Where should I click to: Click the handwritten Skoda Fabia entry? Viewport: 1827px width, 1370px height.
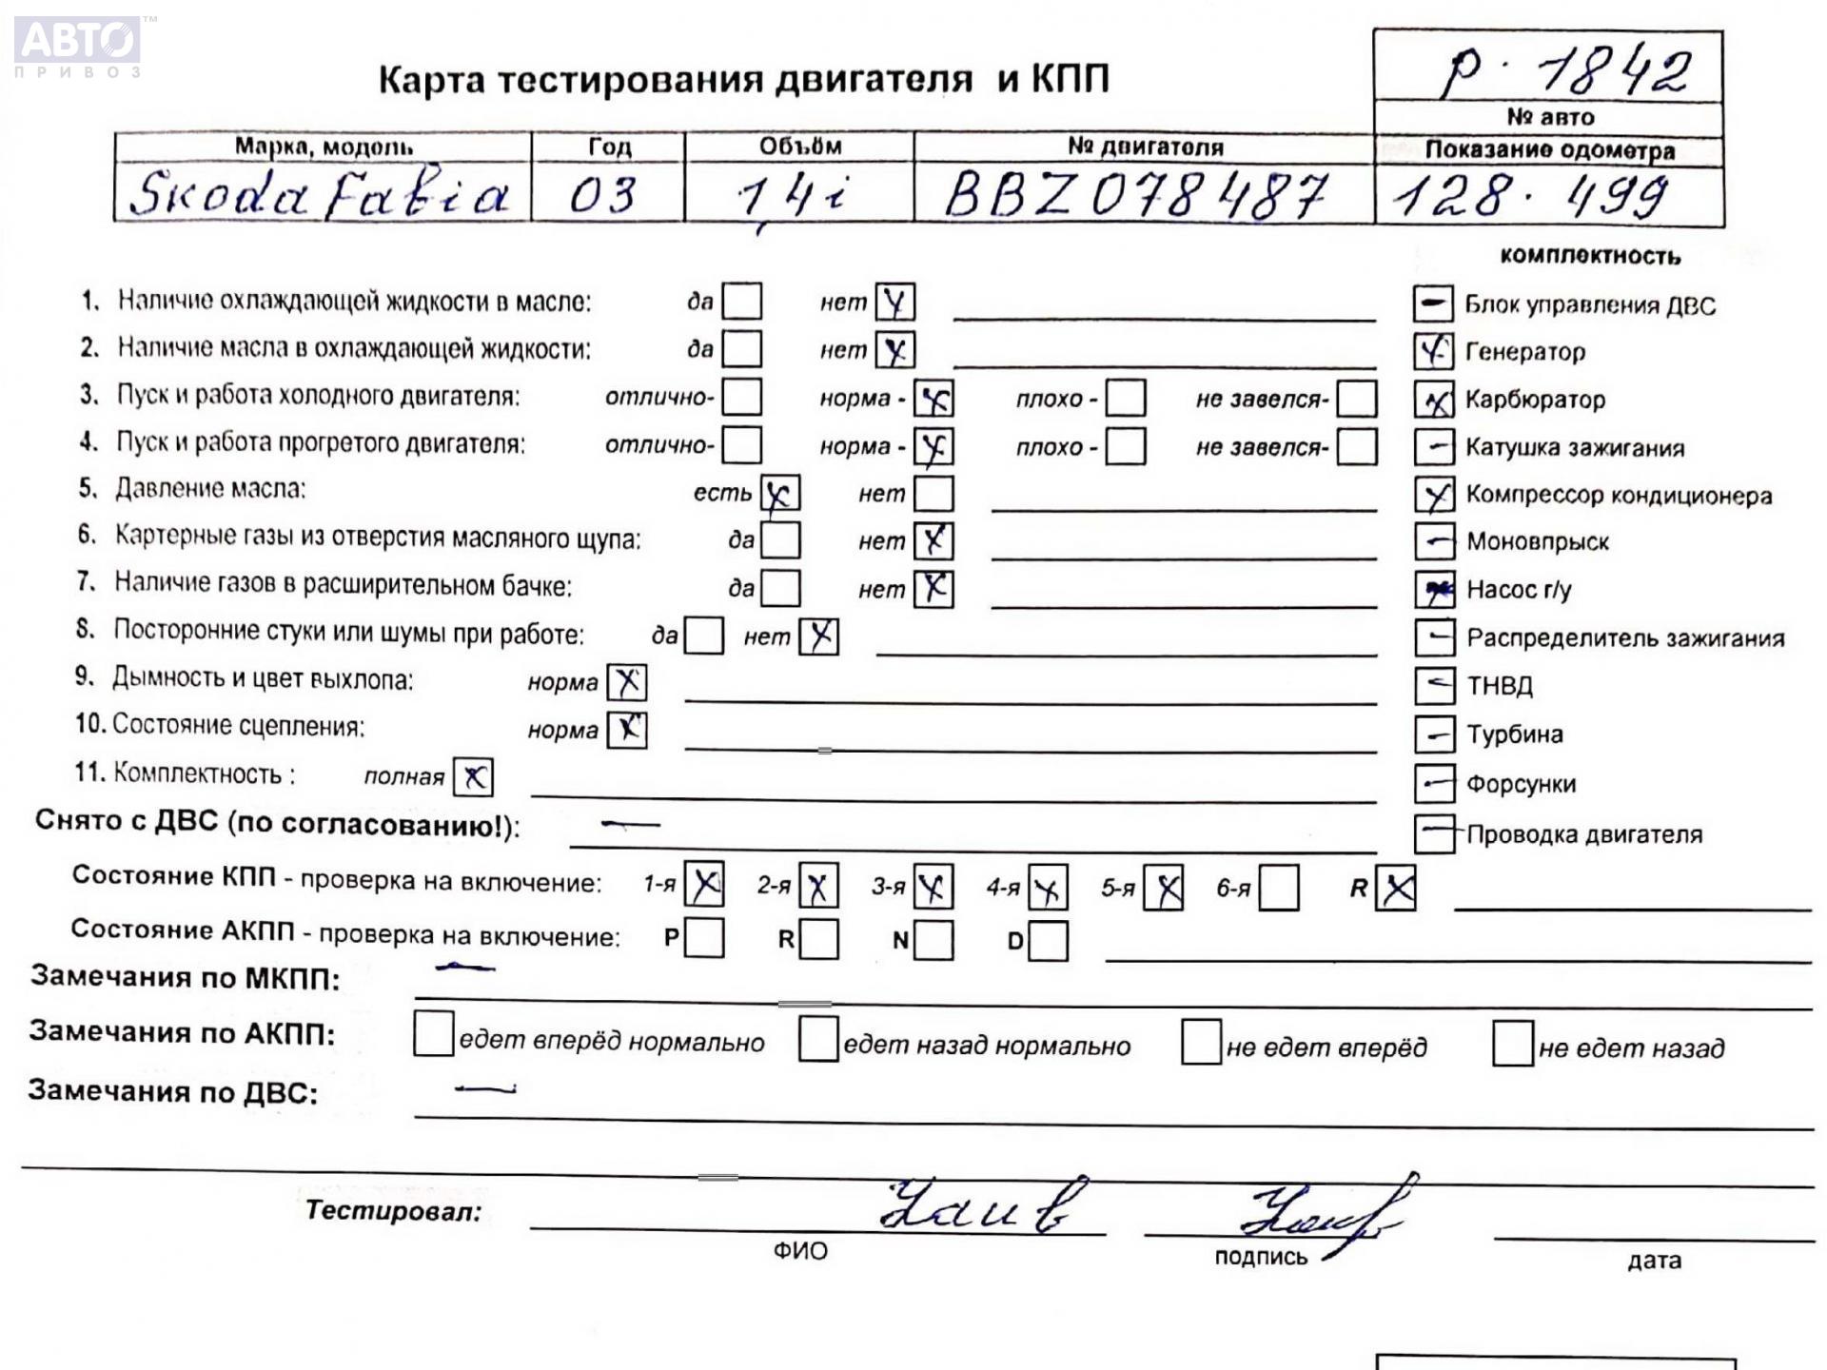320,195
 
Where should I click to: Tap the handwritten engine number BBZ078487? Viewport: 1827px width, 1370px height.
1134,196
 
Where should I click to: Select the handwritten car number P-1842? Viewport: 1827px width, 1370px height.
1566,69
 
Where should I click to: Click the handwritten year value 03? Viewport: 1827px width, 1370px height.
602,195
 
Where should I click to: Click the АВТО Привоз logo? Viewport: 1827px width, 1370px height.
78,46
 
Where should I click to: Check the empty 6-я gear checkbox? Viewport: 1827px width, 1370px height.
1279,888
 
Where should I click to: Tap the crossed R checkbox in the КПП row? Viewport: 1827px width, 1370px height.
1396,889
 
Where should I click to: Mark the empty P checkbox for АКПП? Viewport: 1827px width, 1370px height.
704,938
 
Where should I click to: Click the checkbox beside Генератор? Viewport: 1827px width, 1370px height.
1433,352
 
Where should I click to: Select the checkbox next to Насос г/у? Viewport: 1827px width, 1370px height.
1434,590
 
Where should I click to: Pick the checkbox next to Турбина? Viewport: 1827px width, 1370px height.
1434,734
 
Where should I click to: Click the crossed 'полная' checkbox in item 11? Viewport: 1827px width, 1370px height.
473,777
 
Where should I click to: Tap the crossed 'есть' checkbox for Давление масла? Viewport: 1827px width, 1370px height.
780,493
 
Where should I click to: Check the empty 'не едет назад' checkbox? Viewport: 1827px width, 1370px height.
1512,1044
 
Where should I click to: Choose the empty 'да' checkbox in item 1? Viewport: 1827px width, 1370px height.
742,302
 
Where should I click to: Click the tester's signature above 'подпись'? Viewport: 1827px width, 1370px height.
1323,1213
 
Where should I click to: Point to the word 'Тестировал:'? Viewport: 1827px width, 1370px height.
393,1211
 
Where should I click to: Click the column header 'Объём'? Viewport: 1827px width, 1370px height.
799,147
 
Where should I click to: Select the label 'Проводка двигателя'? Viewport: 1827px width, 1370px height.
1583,834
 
